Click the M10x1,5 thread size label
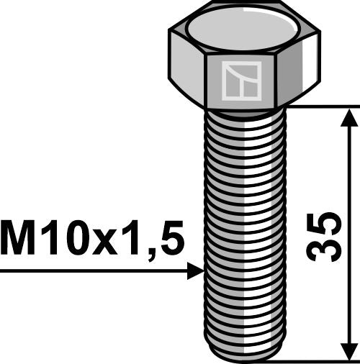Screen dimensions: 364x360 [92, 240]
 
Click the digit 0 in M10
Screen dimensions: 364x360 [72, 240]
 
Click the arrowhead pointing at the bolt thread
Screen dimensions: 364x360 [194, 271]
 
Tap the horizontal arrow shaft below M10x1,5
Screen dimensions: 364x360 [94, 271]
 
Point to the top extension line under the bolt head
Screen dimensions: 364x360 [317, 107]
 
